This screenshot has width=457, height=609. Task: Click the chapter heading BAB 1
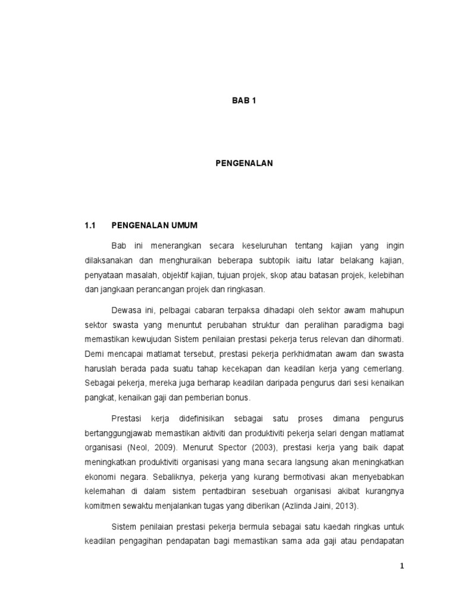(x=243, y=101)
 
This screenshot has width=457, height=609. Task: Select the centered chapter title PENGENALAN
(x=243, y=163)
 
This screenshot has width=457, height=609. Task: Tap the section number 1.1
(x=90, y=226)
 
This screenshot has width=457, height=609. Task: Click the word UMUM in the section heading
(x=184, y=226)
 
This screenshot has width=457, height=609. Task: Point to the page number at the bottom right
(x=402, y=567)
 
